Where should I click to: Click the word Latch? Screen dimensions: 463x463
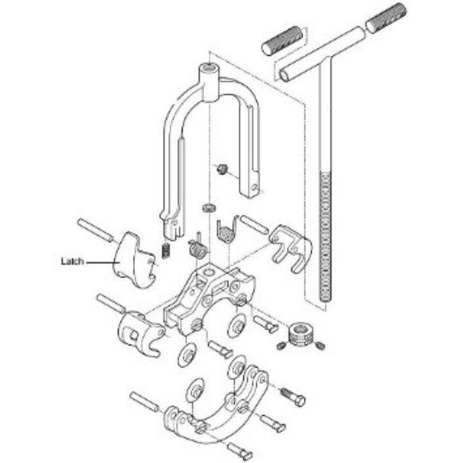pyautogui.click(x=72, y=261)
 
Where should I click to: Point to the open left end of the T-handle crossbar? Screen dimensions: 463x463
pyautogui.click(x=285, y=75)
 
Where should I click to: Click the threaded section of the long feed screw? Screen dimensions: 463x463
pyautogui.click(x=326, y=237)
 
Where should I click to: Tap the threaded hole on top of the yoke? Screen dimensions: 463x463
pyautogui.click(x=210, y=68)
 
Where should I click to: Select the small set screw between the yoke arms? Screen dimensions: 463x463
pyautogui.click(x=222, y=169)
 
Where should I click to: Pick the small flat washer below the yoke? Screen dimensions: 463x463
pyautogui.click(x=209, y=207)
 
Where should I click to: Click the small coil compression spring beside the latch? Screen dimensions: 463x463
pyautogui.click(x=166, y=251)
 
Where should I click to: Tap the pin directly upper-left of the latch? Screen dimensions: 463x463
pyautogui.click(x=95, y=230)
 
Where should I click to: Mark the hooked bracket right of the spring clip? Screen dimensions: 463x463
pyautogui.click(x=291, y=246)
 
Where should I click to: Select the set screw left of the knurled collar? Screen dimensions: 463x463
pyautogui.click(x=282, y=345)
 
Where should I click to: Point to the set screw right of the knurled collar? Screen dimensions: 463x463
pyautogui.click(x=320, y=345)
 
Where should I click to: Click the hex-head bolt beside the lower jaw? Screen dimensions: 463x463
pyautogui.click(x=293, y=396)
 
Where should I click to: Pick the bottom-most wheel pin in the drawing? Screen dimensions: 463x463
pyautogui.click(x=240, y=451)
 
